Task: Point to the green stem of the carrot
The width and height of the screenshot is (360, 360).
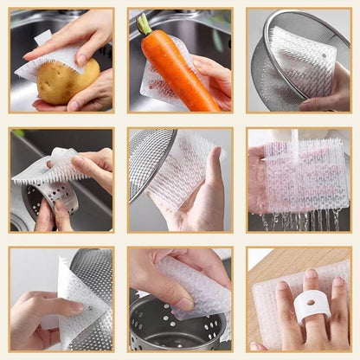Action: (x=143, y=24)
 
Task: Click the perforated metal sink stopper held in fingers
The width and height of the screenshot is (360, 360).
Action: (x=56, y=200)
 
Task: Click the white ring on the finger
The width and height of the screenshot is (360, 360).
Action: (x=307, y=307)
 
